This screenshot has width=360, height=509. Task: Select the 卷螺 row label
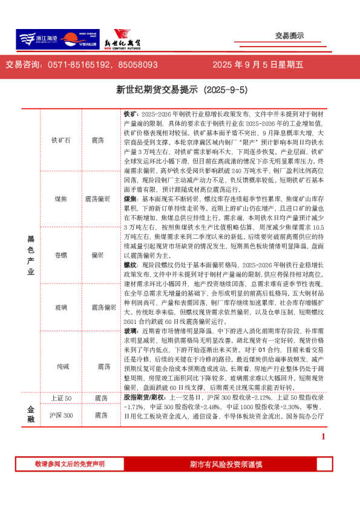61,255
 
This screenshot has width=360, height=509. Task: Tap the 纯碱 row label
61,367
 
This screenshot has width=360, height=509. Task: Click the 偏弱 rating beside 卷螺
98,255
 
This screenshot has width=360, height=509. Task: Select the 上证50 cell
61,398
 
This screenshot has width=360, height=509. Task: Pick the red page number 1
324,436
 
